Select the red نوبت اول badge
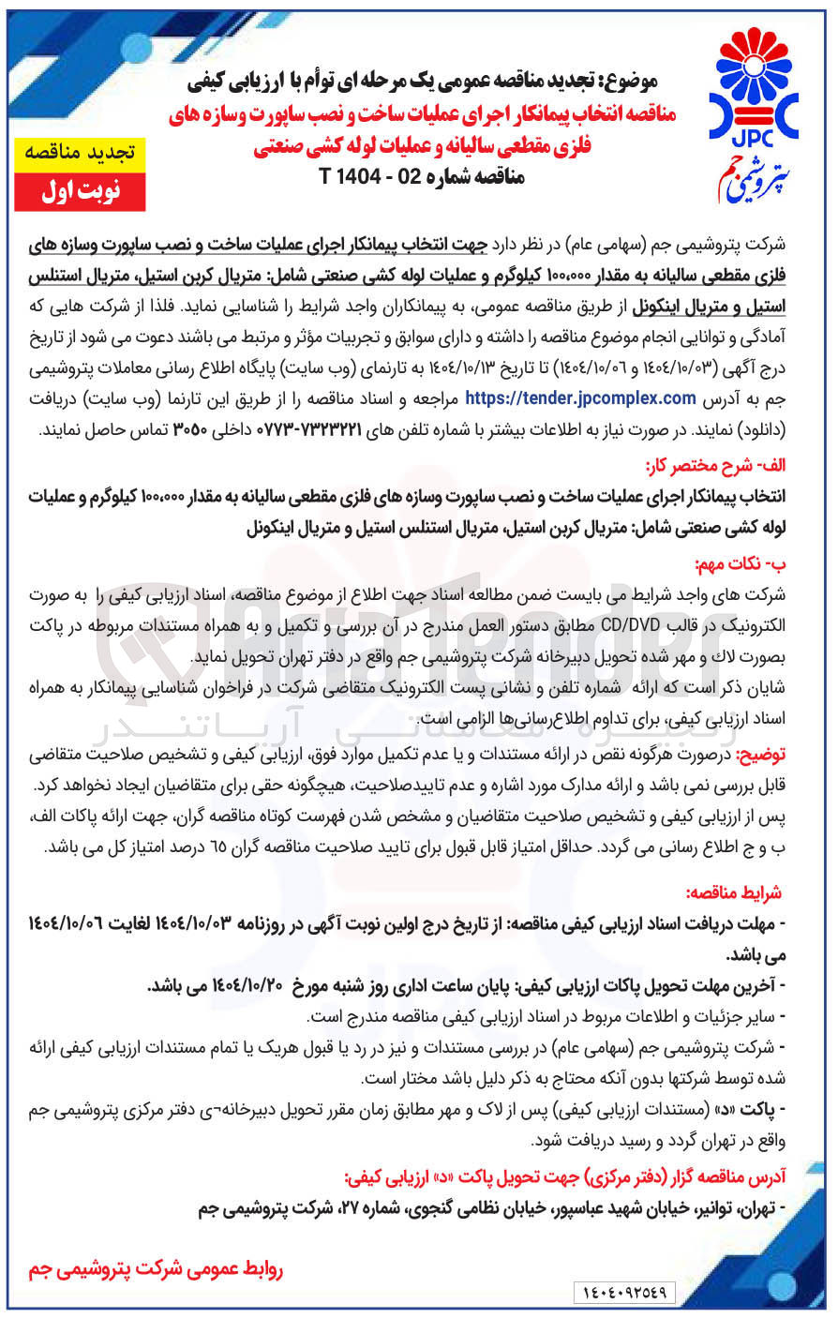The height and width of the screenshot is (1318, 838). tap(80, 190)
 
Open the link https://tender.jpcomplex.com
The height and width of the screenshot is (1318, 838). tap(580, 397)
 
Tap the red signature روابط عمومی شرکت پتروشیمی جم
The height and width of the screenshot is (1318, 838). tap(156, 1269)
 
